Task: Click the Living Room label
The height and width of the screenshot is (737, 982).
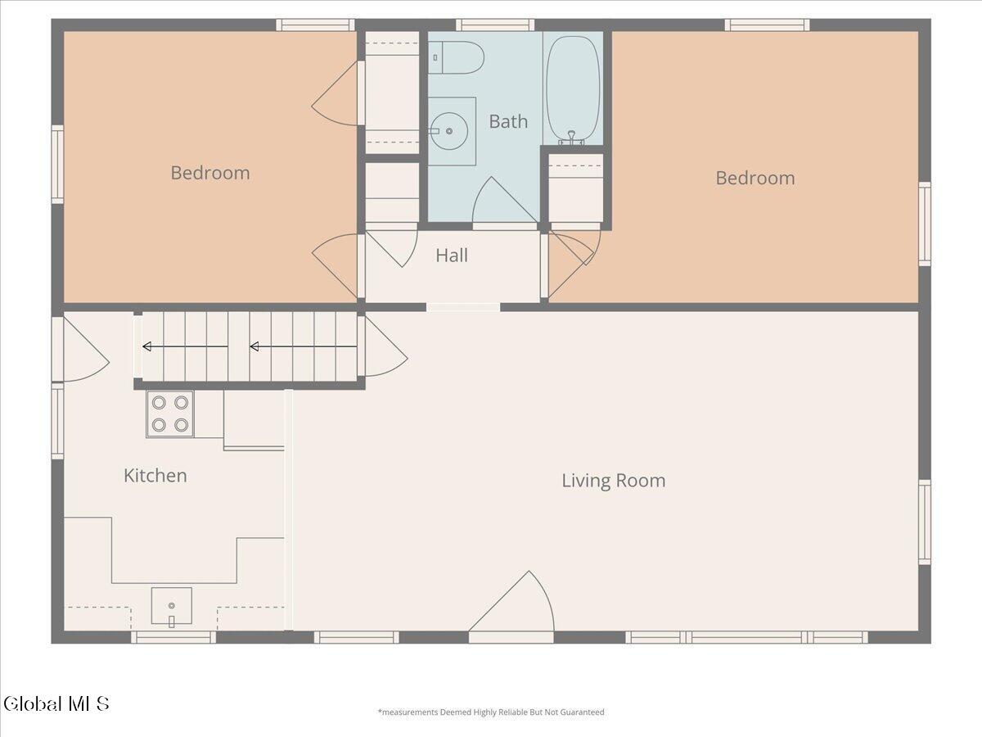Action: (614, 481)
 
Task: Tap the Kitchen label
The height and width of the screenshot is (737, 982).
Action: (155, 476)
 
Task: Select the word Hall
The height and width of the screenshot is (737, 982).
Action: (452, 255)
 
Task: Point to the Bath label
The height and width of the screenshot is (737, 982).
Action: (508, 122)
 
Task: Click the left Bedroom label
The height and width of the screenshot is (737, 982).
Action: (209, 173)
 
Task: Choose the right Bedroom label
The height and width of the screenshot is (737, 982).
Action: (755, 178)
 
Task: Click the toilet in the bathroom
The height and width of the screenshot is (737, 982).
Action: (456, 57)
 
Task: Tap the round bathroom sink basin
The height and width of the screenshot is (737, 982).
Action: (449, 131)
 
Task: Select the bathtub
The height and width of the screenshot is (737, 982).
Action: (573, 89)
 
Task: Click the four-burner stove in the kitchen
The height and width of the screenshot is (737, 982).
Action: (170, 414)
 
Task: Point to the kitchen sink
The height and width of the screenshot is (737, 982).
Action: (171, 606)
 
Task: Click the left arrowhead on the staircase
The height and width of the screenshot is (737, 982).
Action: (146, 346)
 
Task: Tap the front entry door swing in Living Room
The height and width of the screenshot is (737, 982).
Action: (511, 601)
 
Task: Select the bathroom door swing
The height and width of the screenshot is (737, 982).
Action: (505, 200)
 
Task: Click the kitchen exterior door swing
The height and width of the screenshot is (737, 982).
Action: (86, 349)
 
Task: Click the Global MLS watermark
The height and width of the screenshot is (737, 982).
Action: (56, 704)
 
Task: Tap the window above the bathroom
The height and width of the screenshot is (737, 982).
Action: (495, 25)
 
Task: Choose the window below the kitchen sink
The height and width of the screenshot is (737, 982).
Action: (173, 637)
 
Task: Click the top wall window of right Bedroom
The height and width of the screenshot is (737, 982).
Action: (767, 25)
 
